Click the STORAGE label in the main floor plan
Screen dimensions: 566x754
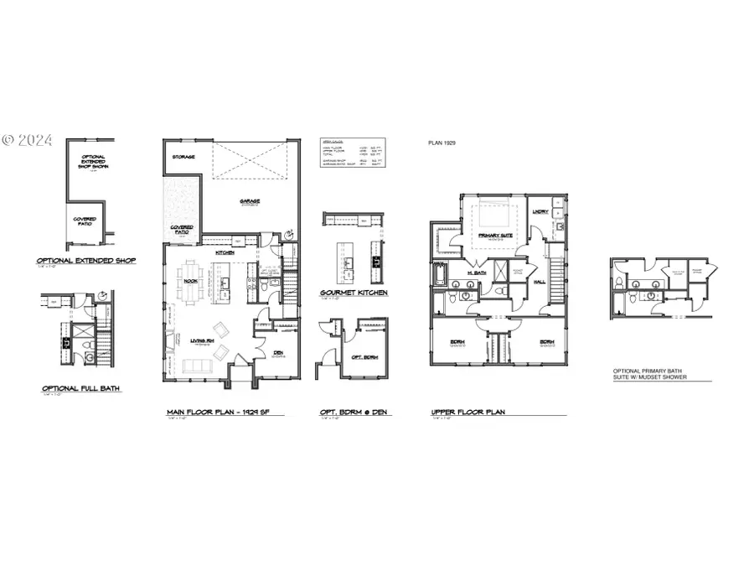(183, 157)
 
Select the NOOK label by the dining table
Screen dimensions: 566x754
(191, 282)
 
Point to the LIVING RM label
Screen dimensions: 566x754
(202, 340)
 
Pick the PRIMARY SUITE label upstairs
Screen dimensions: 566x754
(494, 236)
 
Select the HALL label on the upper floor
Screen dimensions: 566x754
(540, 282)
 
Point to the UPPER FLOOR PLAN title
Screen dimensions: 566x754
(467, 413)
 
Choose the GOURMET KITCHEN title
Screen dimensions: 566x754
(354, 294)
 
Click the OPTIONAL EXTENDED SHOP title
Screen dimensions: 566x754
(86, 261)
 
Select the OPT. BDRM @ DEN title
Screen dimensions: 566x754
(355, 413)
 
